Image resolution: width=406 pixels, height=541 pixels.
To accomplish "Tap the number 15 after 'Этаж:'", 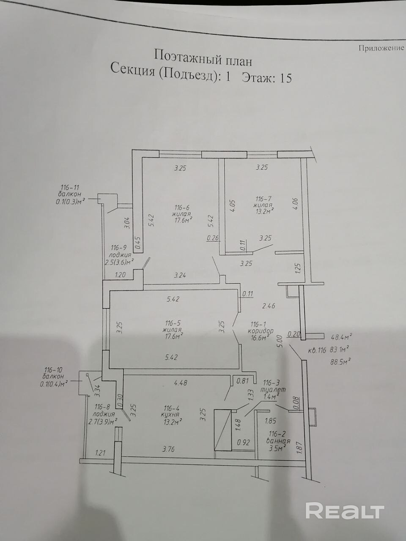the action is point(283,79).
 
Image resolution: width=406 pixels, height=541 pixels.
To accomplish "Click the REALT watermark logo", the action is point(344,511).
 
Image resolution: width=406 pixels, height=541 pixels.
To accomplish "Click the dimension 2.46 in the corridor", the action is point(269,306).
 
